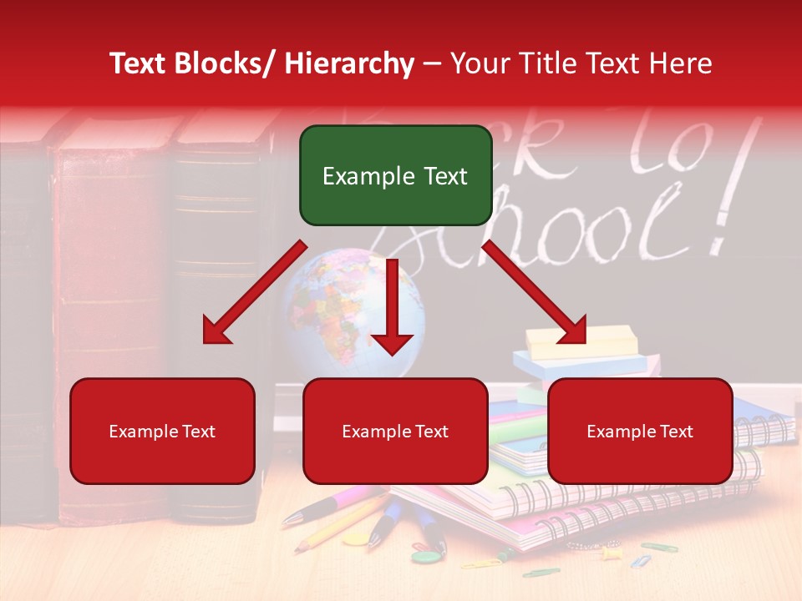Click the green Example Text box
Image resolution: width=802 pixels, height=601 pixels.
click(395, 175)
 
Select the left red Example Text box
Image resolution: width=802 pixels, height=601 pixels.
click(162, 431)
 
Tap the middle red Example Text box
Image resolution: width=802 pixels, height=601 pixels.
click(395, 431)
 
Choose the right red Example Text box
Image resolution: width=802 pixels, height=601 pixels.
click(640, 431)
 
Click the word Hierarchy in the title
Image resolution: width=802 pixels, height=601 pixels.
click(348, 63)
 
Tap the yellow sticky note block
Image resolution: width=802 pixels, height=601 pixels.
click(581, 340)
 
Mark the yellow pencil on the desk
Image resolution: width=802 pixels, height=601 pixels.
click(334, 526)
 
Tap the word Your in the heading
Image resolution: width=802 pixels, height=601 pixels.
click(480, 63)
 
